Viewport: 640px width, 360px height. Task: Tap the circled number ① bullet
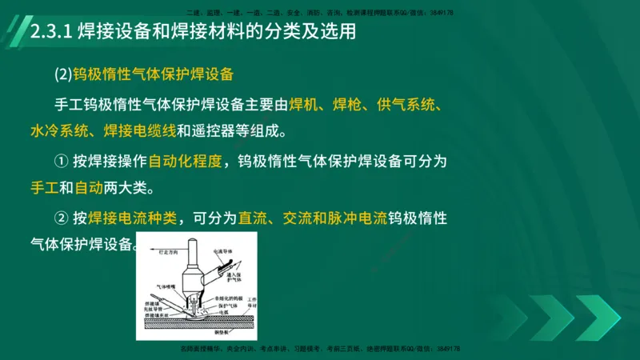(62, 160)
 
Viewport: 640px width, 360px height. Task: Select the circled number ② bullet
(62, 218)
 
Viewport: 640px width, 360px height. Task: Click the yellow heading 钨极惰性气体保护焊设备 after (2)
(153, 75)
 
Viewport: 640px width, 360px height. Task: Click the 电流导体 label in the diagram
(224, 250)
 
